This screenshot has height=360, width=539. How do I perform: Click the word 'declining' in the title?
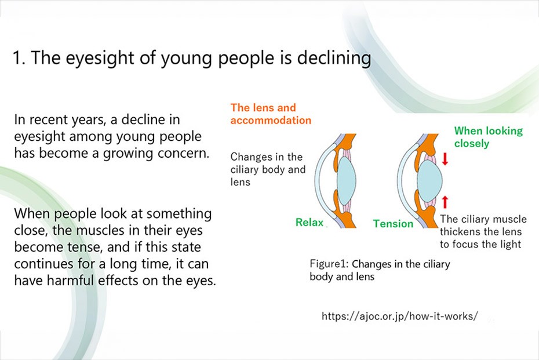pyautogui.click(x=334, y=58)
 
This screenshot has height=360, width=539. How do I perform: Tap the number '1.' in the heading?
pyautogui.click(x=19, y=57)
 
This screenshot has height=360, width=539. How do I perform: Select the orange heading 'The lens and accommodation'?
pyautogui.click(x=271, y=114)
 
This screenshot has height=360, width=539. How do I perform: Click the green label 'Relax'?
pyautogui.click(x=309, y=223)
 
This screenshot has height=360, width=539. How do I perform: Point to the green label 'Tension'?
pyautogui.click(x=394, y=224)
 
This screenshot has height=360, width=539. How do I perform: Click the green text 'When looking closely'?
pyautogui.click(x=489, y=137)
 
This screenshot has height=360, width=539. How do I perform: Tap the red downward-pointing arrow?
pyautogui.click(x=445, y=159)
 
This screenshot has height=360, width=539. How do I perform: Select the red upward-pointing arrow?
pyautogui.click(x=445, y=202)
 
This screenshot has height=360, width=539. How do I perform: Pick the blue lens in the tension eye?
pyautogui.click(x=429, y=181)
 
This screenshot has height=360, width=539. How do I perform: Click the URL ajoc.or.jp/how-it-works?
pyautogui.click(x=399, y=316)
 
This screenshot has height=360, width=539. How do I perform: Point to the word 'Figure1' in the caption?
pyautogui.click(x=329, y=264)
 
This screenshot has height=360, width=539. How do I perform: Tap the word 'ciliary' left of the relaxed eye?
pyautogui.click(x=245, y=170)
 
